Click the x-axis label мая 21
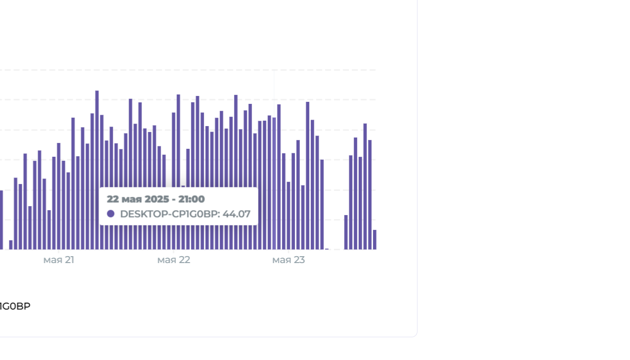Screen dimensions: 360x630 pyautogui.click(x=59, y=260)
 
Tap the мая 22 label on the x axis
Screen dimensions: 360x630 pyautogui.click(x=173, y=260)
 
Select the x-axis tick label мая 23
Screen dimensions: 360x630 pyautogui.click(x=289, y=260)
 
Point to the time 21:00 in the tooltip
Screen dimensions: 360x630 pyautogui.click(x=192, y=199)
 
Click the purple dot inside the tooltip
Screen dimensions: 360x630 pyautogui.click(x=111, y=214)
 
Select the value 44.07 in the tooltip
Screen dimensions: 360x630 pyautogui.click(x=237, y=214)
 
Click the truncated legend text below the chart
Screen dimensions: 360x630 pyautogui.click(x=15, y=307)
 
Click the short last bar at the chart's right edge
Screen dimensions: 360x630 pyautogui.click(x=375, y=240)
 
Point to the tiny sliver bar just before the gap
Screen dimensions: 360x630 pyautogui.click(x=327, y=249)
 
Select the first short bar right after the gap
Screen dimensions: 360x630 pyautogui.click(x=346, y=232)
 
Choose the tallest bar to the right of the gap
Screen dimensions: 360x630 pyautogui.click(x=365, y=186)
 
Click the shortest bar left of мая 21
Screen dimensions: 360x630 pyautogui.click(x=11, y=245)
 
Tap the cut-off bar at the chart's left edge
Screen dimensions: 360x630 pyautogui.click(x=1, y=220)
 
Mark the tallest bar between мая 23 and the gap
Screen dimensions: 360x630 pyautogui.click(x=307, y=176)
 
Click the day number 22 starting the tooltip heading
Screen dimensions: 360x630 pyautogui.click(x=113, y=199)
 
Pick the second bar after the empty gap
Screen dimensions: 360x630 pyautogui.click(x=351, y=203)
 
